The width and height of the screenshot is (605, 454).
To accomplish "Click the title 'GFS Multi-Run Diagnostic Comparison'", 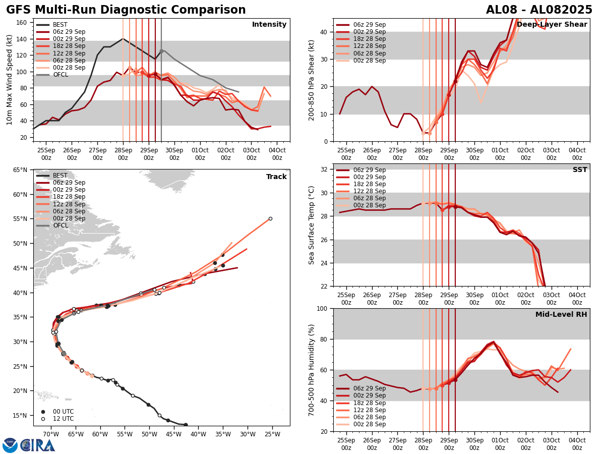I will tap(126, 10).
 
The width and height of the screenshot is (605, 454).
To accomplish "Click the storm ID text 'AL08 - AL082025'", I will tap(539, 10).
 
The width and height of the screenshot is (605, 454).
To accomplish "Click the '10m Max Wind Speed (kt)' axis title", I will tap(10, 80).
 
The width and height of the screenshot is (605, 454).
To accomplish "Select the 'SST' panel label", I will tap(580, 170).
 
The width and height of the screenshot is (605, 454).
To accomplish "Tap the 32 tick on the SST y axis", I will tap(325, 169).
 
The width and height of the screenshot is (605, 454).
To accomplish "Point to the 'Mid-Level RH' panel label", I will tap(561, 315).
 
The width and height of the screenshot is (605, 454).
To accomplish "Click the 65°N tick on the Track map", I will tap(21, 170).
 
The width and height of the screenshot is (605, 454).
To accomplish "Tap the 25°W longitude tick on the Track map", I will tap(272, 434).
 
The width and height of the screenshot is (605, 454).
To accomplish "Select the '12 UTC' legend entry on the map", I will tap(63, 419).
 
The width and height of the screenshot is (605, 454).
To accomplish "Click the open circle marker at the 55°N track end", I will tap(270, 218).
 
